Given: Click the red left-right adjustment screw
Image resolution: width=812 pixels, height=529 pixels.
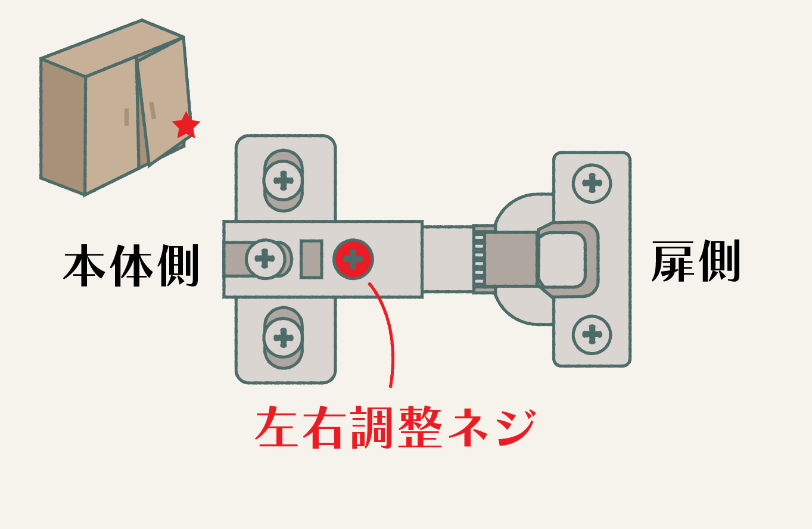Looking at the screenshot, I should (353, 259).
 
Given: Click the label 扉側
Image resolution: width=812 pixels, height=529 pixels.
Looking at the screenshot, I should (696, 262).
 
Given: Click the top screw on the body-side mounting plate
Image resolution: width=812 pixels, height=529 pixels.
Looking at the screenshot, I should (284, 179).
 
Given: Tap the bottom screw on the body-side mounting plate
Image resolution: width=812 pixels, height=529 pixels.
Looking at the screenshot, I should (284, 338).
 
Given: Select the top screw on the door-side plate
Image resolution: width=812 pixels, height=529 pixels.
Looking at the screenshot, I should (592, 183).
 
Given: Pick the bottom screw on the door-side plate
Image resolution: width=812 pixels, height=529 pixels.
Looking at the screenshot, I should (592, 334).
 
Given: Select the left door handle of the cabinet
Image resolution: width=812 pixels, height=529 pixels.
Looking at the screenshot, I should (126, 117).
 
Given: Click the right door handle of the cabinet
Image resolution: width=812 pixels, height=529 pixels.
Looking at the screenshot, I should (153, 110).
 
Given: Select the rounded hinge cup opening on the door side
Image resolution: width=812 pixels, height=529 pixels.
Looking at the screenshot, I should (563, 259).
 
